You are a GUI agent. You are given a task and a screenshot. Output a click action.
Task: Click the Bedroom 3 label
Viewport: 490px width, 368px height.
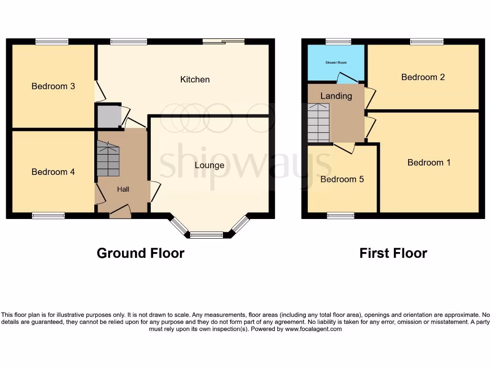pos(53,86)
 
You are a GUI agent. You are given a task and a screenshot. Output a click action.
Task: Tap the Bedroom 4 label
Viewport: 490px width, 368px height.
pos(53,172)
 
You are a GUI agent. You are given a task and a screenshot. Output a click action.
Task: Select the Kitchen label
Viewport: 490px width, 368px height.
pos(195,80)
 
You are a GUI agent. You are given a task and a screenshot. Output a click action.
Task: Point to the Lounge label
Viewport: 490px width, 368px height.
pos(210,165)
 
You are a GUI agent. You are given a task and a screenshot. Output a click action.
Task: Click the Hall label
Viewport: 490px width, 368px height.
pos(123,189)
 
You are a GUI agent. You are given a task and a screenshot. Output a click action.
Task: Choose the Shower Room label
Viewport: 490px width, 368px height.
pos(336,62)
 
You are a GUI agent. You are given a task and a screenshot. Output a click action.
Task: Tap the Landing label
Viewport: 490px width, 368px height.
pos(336,96)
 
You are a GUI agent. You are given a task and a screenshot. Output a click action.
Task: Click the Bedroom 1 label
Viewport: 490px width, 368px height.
pos(429,162)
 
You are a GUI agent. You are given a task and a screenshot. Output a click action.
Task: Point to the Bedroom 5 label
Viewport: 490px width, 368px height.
pos(342,179)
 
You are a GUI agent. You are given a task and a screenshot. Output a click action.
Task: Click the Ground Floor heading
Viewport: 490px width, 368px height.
pos(140,253)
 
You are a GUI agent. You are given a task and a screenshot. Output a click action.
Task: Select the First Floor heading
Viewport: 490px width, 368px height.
pos(393,253)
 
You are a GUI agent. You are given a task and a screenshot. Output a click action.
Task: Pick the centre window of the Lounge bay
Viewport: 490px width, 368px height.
pos(207,235)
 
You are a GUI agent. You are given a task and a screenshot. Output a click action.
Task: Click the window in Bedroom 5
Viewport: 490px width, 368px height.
pos(341,216)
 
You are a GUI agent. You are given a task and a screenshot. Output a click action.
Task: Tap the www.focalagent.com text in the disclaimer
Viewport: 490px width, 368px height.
pos(314,329)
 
